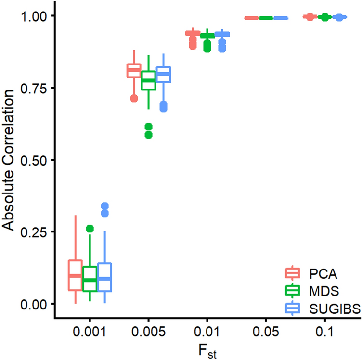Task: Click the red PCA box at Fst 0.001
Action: (x=75, y=275)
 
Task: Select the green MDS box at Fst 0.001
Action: (x=90, y=279)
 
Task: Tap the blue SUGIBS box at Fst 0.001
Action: (x=104, y=277)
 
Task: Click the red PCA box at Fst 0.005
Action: (x=134, y=71)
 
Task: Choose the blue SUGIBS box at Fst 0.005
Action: (x=163, y=75)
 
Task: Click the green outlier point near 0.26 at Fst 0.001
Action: (x=90, y=229)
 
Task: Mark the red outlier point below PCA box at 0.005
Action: (x=134, y=98)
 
